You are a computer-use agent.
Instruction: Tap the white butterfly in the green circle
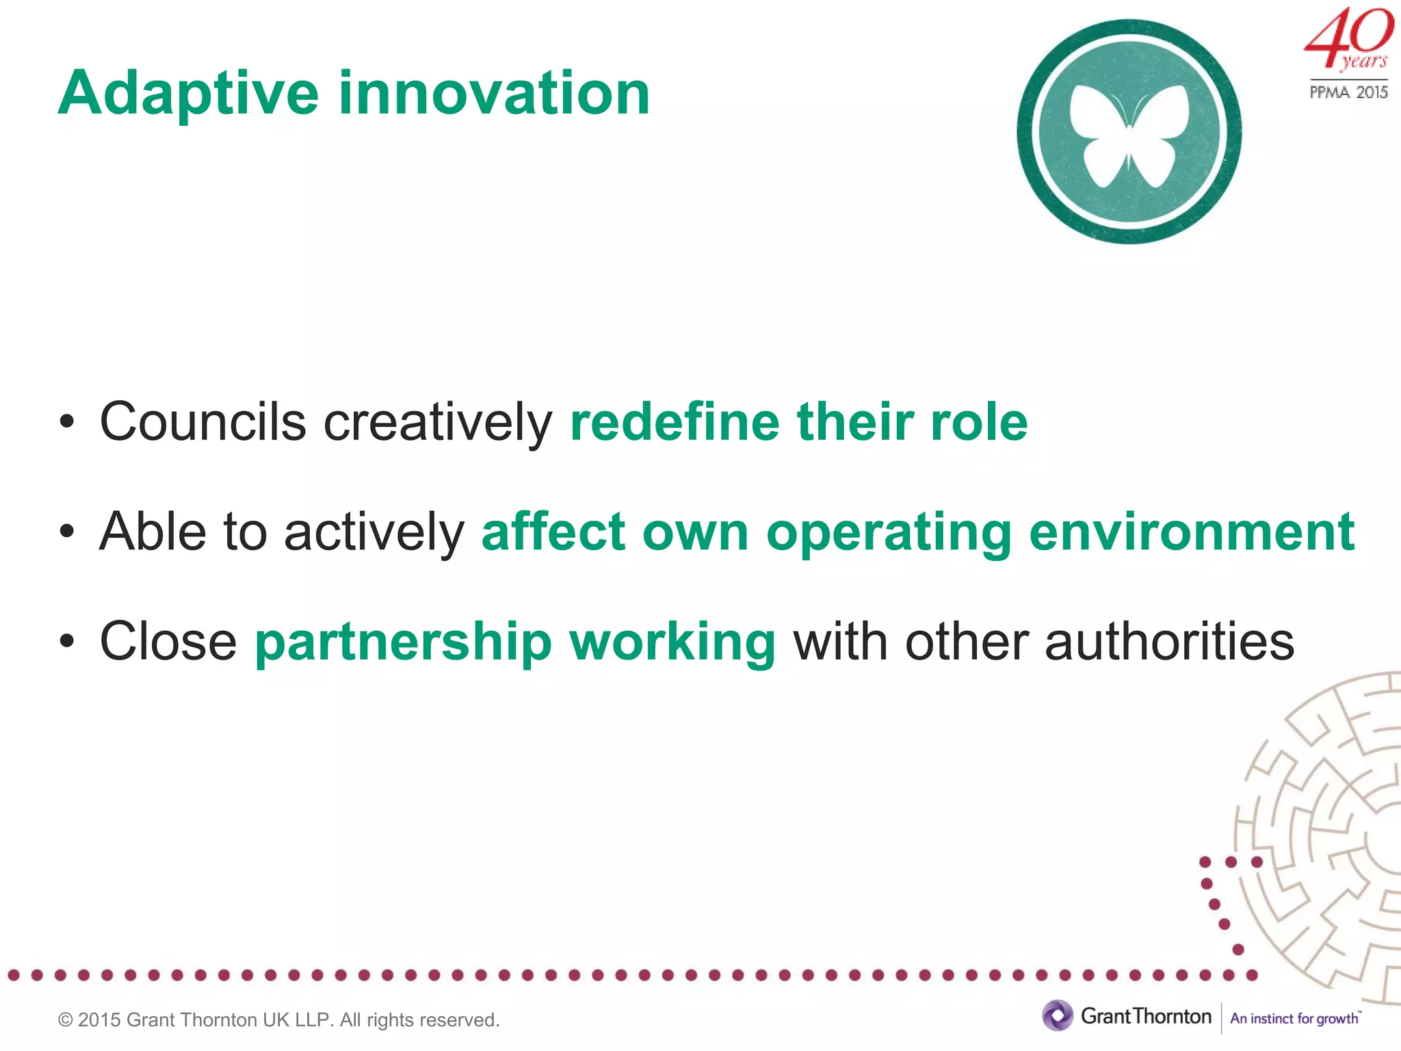coord(1129,134)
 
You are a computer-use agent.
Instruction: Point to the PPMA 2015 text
coord(1348,92)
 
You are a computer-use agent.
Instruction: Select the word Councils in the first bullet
coord(202,421)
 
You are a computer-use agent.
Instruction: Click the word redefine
coord(675,421)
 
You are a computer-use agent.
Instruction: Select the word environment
coord(1191,532)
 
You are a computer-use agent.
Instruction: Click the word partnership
coord(403,642)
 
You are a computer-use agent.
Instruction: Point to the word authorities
coord(1169,642)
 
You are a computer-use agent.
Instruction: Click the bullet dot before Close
coord(66,642)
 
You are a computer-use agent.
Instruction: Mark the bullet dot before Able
coord(66,532)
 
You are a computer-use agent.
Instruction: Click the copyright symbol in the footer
coord(66,1020)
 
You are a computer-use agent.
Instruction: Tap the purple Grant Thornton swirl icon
coord(1058,1015)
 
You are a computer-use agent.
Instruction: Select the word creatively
coord(438,423)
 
